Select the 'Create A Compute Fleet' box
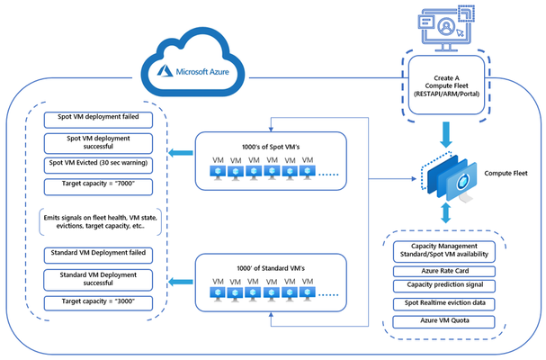click(446, 85)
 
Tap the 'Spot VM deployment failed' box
click(98, 120)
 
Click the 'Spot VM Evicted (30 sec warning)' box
click(98, 166)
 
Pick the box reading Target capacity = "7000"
click(98, 187)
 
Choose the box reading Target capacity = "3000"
click(98, 303)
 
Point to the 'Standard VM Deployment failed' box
click(98, 256)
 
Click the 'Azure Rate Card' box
click(444, 272)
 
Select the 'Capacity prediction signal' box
click(444, 286)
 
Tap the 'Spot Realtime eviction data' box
click(444, 304)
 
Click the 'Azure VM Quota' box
click(444, 321)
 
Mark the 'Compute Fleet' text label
click(506, 173)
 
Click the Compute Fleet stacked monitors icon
click(449, 177)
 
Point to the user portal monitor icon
click(446, 29)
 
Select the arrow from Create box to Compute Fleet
click(446, 134)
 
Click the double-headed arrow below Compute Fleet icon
click(446, 213)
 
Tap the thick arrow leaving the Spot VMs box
click(181, 153)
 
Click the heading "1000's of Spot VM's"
click(271, 147)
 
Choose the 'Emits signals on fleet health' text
click(100, 221)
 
